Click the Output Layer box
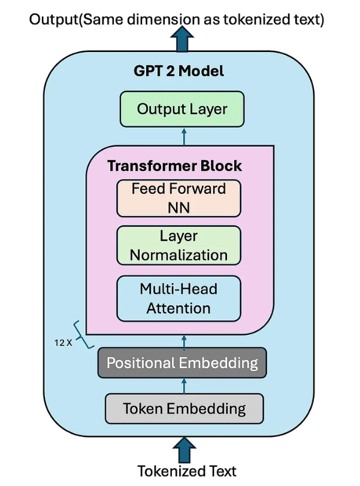click(183, 109)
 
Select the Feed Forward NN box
click(179, 198)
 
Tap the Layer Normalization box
click(179, 245)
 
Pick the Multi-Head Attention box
click(179, 298)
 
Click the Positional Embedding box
click(182, 363)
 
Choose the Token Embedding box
click(184, 409)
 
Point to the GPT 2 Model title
click(179, 71)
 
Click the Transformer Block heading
click(174, 166)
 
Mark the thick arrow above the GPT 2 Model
click(183, 40)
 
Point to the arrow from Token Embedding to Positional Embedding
click(184, 385)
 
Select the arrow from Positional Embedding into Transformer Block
click(184, 341)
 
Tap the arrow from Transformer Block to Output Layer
click(184, 137)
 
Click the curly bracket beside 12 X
click(83, 334)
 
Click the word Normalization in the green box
click(179, 254)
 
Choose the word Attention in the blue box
click(179, 308)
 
